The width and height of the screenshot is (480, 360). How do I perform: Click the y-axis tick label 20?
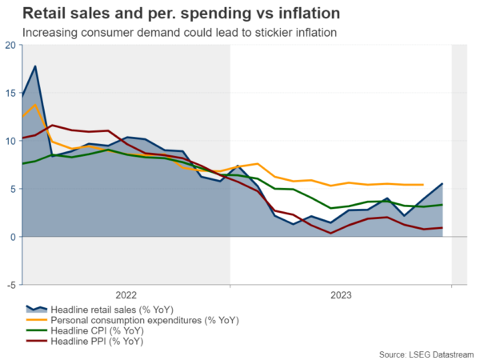click(x=10, y=45)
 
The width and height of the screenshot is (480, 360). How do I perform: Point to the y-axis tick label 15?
click(x=10, y=93)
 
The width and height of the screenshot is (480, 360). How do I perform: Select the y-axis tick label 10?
click(x=10, y=141)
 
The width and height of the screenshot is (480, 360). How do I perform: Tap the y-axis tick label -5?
click(x=10, y=285)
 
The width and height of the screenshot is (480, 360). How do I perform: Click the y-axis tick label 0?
click(x=12, y=237)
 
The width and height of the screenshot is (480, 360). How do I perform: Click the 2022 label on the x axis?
click(x=127, y=295)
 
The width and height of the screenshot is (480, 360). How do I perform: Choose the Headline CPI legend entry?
click(x=97, y=330)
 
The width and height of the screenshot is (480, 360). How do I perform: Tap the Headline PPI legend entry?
click(x=97, y=341)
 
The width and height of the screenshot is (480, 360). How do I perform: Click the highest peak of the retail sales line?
click(x=35, y=66)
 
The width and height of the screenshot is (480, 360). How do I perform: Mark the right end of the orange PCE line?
click(x=422, y=185)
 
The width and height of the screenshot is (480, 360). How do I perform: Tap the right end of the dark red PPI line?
click(x=442, y=228)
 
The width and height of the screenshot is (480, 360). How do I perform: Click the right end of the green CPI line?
click(x=442, y=205)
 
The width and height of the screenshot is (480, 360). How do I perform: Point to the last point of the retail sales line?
click(x=442, y=184)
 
